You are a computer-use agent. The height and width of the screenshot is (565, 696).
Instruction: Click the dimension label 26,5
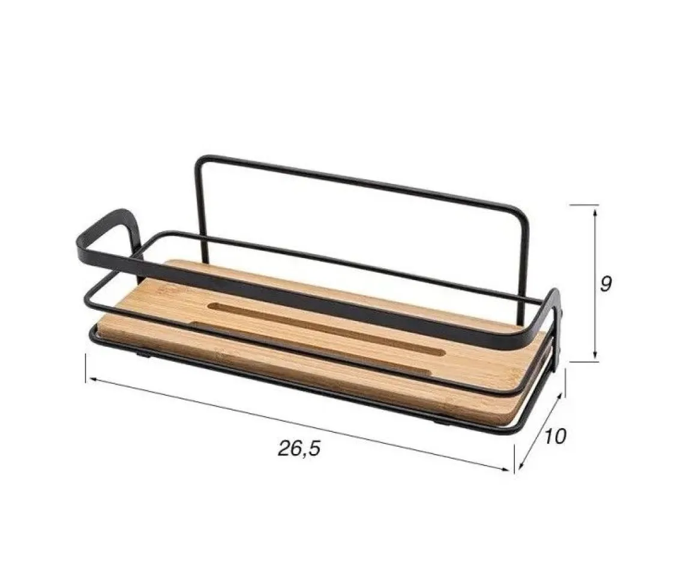click(299, 449)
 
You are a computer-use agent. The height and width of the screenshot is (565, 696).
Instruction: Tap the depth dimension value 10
click(555, 437)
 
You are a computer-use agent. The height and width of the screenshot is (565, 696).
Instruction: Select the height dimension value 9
click(605, 284)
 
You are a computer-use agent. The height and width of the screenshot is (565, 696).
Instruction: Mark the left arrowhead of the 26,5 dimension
click(95, 380)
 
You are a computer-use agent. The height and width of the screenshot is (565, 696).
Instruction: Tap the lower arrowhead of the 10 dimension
click(521, 465)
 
